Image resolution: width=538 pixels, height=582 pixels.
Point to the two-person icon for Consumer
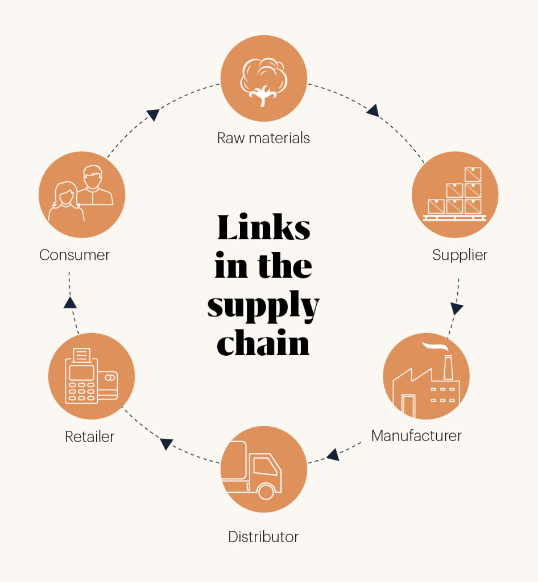click(82, 194)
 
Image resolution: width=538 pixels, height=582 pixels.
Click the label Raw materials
click(263, 138)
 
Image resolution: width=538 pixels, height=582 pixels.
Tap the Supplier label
click(460, 255)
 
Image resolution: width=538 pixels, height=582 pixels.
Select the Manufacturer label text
click(416, 436)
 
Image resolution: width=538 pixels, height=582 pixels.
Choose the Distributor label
click(263, 537)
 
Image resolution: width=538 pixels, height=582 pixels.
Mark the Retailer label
click(90, 436)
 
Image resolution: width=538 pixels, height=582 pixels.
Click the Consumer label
click(75, 255)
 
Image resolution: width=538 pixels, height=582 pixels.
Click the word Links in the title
click(263, 228)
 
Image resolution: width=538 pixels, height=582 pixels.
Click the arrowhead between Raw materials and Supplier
click(373, 110)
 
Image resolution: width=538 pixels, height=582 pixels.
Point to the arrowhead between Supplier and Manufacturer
click(457, 309)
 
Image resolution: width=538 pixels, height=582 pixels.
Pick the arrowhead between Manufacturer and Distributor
click(333, 454)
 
